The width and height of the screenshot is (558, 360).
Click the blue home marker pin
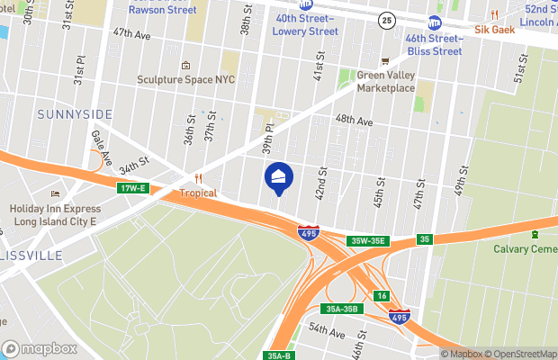(277, 177)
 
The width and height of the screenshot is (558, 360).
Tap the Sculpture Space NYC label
(184, 79)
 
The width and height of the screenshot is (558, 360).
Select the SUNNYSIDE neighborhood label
(75, 114)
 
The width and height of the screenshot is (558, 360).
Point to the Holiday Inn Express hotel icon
(56, 193)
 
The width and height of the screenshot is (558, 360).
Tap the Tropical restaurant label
(199, 193)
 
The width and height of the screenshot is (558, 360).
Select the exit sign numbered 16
(382, 296)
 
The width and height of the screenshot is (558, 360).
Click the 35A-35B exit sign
(342, 309)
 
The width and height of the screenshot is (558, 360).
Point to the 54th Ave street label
(326, 333)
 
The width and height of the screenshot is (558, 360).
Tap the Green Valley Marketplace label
(385, 82)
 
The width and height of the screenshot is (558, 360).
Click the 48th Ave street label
(353, 120)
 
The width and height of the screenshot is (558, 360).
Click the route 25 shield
(386, 20)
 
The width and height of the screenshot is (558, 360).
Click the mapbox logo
(39, 348)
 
